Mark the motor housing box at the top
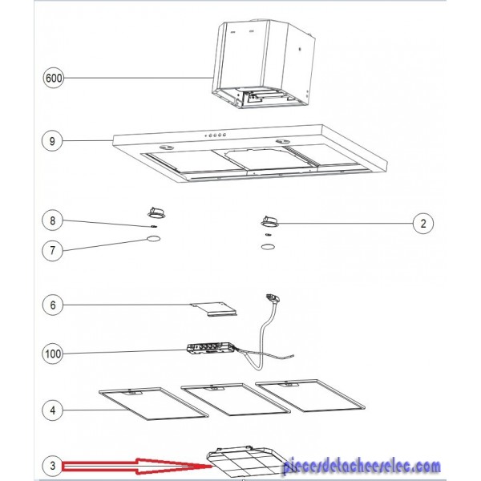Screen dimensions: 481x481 point(264,64)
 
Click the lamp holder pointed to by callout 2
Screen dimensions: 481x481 point(269,221)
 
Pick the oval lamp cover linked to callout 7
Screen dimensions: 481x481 point(154,239)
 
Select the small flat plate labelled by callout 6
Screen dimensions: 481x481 point(213,309)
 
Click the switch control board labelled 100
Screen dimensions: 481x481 point(210,349)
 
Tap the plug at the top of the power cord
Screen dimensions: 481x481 point(273,298)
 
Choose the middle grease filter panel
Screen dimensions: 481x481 point(236,399)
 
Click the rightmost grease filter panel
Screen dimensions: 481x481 point(309,395)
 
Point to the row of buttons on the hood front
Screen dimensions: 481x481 point(216,135)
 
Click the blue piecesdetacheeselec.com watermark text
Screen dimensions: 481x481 point(362,467)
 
